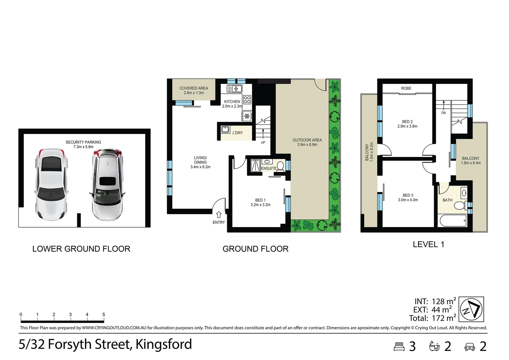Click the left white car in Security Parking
(51, 184)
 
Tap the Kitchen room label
(232, 102)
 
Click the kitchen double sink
(234, 89)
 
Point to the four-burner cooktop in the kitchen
(247, 100)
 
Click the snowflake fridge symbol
(247, 116)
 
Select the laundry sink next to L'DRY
(226, 129)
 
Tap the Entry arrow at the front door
(219, 215)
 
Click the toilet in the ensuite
(280, 166)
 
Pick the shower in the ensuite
(255, 165)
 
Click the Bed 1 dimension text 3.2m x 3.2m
(260, 205)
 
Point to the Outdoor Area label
(307, 140)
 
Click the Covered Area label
(194, 88)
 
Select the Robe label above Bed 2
(406, 88)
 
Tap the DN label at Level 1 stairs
(443, 113)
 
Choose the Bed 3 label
(408, 195)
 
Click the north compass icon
(471, 310)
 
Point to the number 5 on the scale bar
(104, 314)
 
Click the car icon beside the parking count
(469, 347)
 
